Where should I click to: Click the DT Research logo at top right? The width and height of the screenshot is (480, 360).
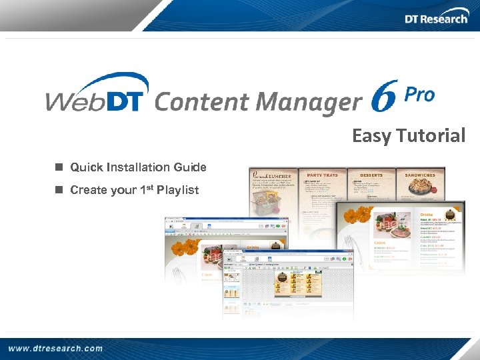(x=436, y=18)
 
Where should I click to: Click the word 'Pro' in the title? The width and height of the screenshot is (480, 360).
(x=420, y=96)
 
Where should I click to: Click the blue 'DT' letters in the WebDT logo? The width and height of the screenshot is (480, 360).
(x=127, y=93)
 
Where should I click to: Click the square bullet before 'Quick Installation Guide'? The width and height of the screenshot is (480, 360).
(x=59, y=167)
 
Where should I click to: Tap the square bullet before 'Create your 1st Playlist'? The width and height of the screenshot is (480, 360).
(x=59, y=190)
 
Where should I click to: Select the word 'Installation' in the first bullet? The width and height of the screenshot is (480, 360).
(x=137, y=167)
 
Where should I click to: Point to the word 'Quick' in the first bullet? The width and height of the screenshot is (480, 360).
(x=86, y=167)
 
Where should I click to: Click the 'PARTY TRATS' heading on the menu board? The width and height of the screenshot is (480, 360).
(x=322, y=175)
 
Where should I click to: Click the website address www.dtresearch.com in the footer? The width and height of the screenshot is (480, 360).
(x=56, y=348)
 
